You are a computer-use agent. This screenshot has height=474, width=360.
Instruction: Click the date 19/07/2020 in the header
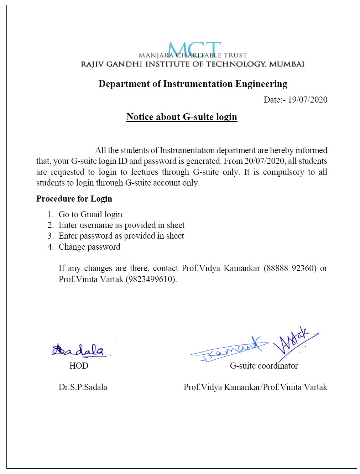coord(307,100)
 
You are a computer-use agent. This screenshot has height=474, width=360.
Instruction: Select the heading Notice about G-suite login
coord(182,117)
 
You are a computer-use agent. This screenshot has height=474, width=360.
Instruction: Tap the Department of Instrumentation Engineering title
coord(193,84)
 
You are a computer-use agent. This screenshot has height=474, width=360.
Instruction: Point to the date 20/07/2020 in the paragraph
coord(265,161)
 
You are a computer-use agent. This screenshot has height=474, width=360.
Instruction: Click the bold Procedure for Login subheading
coord(74,199)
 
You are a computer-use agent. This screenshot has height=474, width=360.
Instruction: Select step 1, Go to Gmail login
coord(90,214)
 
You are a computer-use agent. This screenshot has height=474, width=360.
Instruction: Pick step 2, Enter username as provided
coord(121,225)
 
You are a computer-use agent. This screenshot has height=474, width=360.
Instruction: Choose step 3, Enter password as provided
coord(121,236)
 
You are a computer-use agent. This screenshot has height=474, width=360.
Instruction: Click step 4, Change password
coord(89,247)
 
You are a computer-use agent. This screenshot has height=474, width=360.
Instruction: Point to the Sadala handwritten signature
coord(79,350)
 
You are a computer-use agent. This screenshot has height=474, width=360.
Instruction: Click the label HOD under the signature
coord(79,366)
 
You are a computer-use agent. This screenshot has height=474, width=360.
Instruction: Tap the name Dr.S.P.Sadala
coord(83,387)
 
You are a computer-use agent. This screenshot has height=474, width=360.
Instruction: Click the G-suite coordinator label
coord(264,366)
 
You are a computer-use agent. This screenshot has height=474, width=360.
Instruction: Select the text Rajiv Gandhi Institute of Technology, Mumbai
coord(193,64)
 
